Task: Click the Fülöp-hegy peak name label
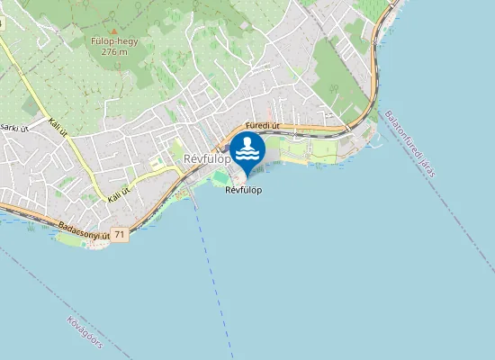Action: pyautogui.click(x=112, y=40)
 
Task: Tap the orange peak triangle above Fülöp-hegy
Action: pyautogui.click(x=113, y=30)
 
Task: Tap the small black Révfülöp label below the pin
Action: pyautogui.click(x=244, y=190)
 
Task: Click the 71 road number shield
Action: pyautogui.click(x=121, y=234)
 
